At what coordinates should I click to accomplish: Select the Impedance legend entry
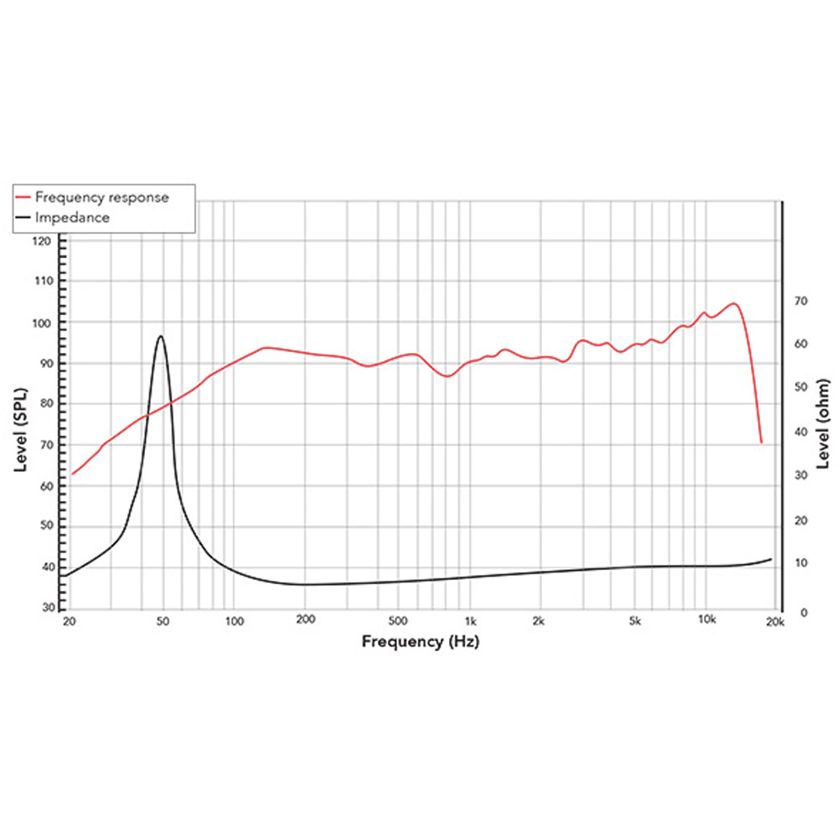click(71, 217)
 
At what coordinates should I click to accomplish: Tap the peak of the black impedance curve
click(160, 336)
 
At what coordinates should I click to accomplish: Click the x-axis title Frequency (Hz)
click(422, 642)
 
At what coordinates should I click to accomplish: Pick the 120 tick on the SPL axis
click(43, 241)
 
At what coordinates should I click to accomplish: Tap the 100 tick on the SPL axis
click(43, 323)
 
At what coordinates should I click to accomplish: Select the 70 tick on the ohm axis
click(800, 301)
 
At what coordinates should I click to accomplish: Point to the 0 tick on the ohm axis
click(804, 613)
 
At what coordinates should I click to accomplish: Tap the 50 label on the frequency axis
click(163, 622)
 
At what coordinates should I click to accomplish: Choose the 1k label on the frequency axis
click(470, 622)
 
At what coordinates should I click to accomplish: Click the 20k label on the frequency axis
click(775, 622)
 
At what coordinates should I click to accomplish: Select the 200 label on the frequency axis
click(305, 622)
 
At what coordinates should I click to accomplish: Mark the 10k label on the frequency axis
click(706, 622)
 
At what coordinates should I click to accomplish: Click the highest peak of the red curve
click(733, 303)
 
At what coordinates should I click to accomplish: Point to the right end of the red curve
click(761, 442)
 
